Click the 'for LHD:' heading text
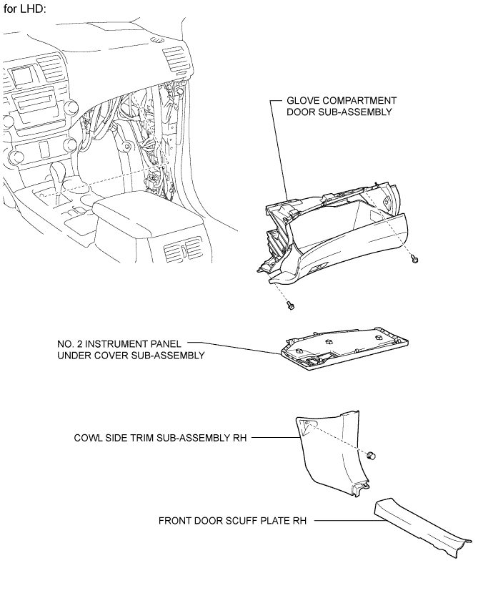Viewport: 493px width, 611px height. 25,9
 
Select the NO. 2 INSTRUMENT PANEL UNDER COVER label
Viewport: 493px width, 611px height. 131,350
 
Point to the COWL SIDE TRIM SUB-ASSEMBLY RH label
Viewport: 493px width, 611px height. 160,438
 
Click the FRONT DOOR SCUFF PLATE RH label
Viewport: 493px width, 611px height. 232,521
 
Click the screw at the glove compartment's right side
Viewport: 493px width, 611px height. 415,259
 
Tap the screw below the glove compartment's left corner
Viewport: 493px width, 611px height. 290,305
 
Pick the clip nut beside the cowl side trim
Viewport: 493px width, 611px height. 372,455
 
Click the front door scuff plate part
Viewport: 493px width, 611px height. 422,527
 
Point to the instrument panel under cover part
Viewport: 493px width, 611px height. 344,347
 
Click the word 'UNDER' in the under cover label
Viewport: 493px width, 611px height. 76,356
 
